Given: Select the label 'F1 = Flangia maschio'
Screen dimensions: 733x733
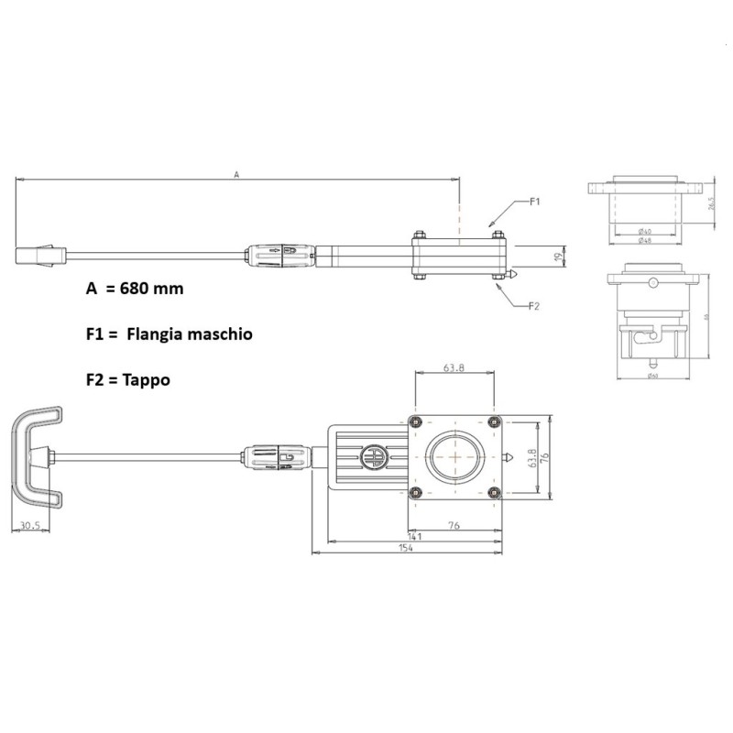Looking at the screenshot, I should click(169, 335).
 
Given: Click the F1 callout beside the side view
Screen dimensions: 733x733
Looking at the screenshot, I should click(536, 200).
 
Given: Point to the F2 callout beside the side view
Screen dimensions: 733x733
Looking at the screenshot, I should click(536, 306).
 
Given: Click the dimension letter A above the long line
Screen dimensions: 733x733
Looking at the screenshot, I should click(236, 174).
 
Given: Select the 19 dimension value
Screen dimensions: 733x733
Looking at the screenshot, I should click(556, 257).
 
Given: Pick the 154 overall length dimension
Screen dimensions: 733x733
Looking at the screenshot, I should click(406, 548).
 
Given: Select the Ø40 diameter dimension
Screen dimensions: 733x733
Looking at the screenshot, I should click(645, 232).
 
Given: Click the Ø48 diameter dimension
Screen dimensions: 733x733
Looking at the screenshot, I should click(645, 241).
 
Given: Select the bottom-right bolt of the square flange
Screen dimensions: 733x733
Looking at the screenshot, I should click(496, 494).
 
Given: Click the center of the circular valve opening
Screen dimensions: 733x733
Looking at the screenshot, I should click(455, 457).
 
